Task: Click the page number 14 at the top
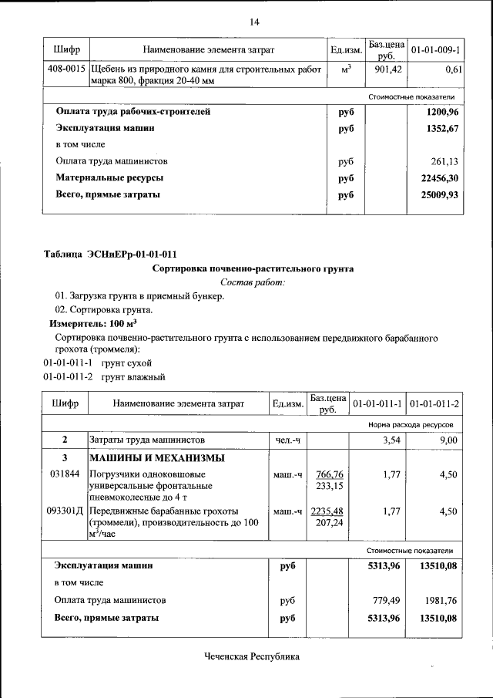point(254,21)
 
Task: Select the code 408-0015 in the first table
point(65,69)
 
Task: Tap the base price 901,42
point(384,69)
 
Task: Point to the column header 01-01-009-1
point(435,50)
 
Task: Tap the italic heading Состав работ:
point(253,283)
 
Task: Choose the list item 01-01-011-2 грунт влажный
point(104,377)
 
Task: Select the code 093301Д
point(65,511)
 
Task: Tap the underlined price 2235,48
point(328,511)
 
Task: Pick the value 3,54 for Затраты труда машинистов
point(390,440)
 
